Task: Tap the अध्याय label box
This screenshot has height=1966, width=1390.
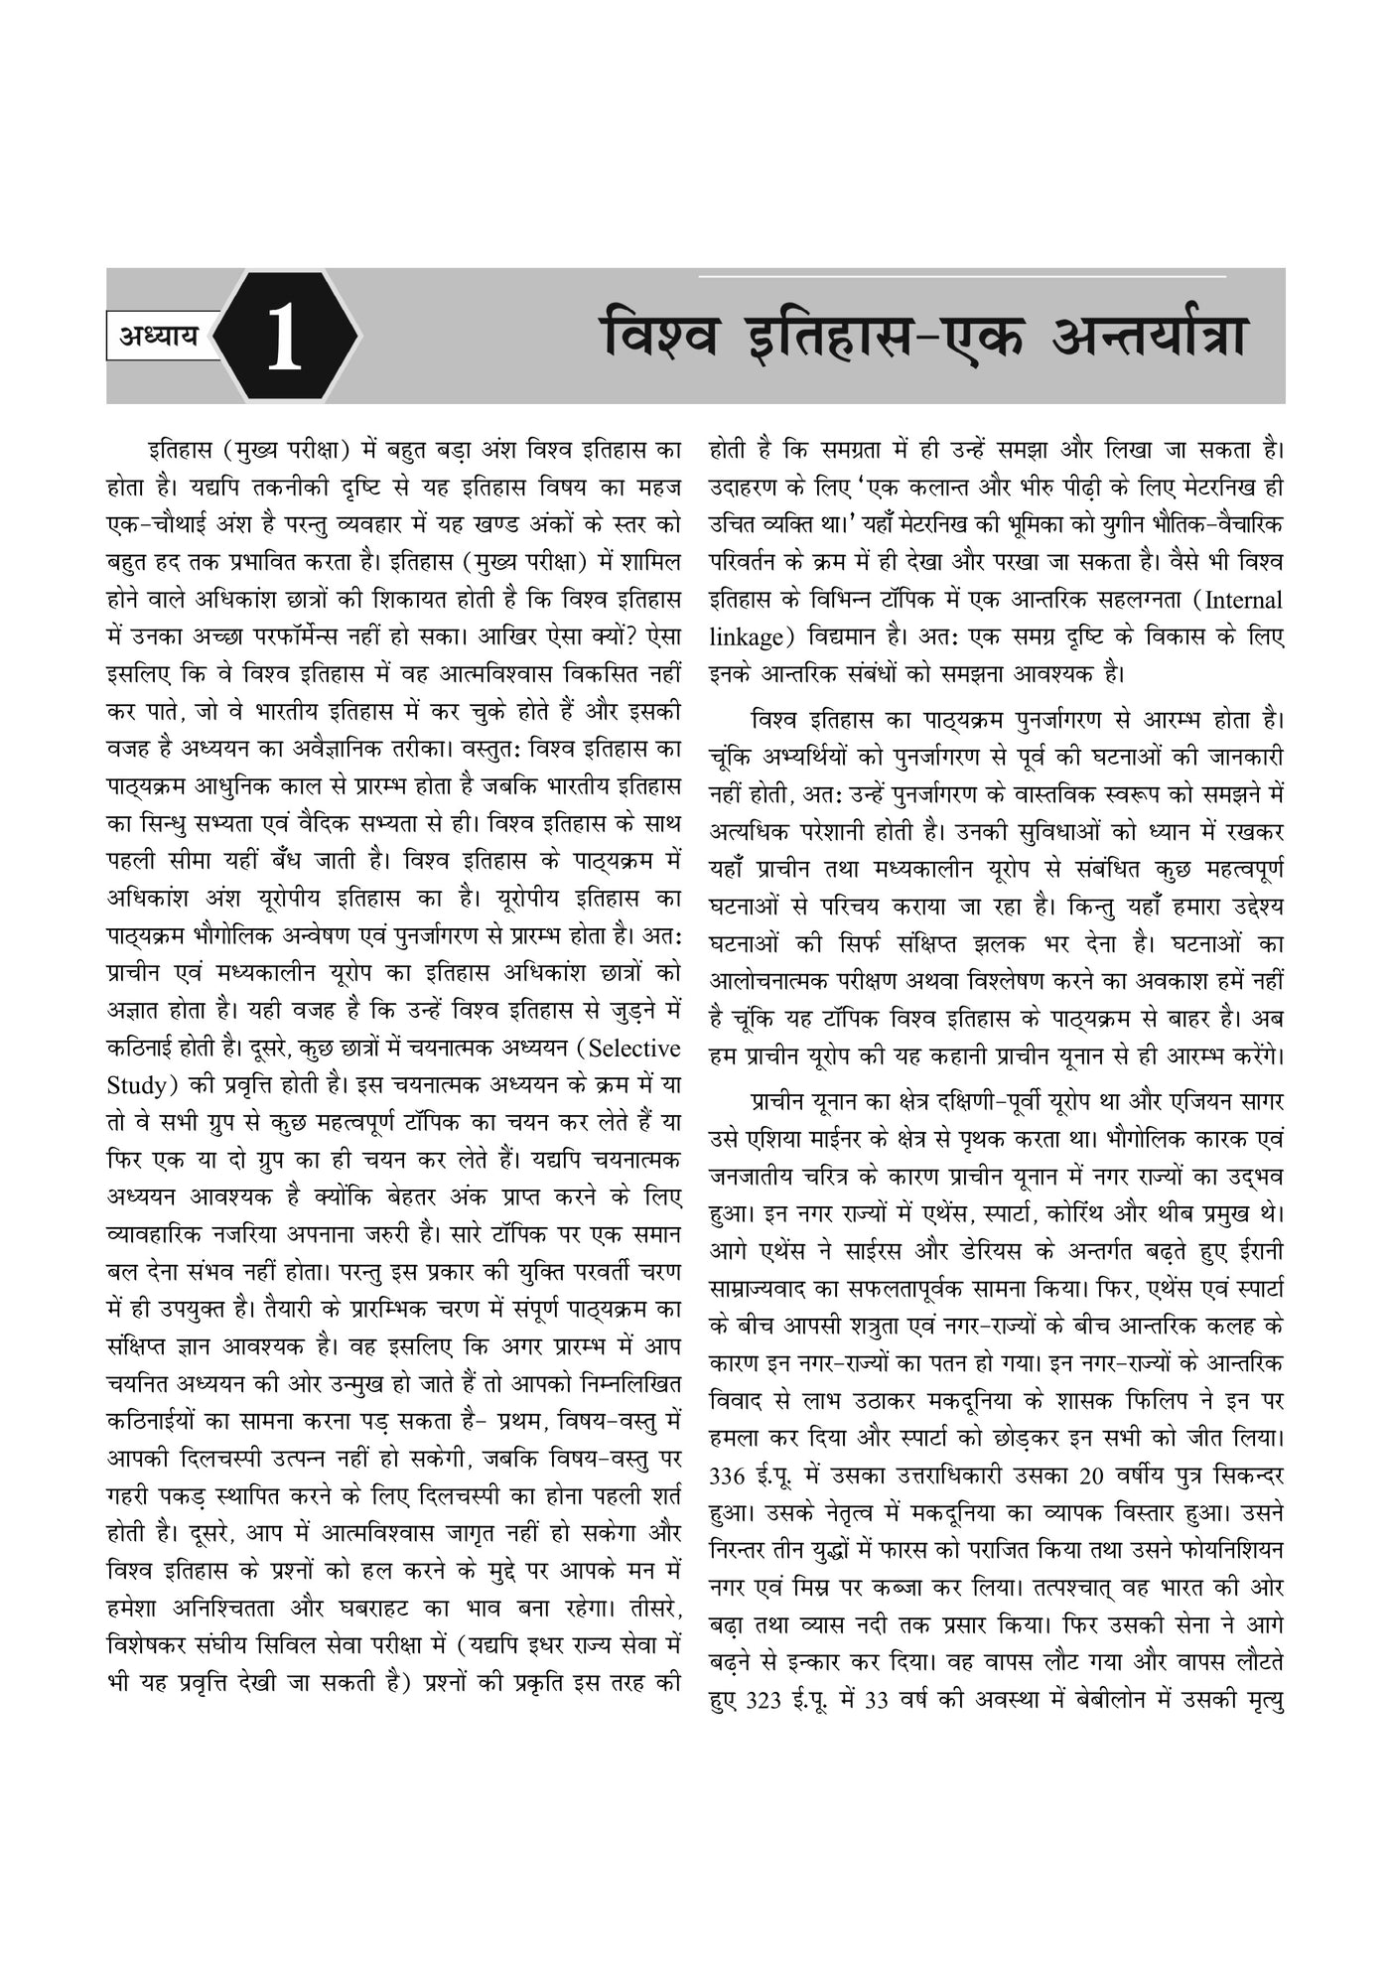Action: (160, 337)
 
